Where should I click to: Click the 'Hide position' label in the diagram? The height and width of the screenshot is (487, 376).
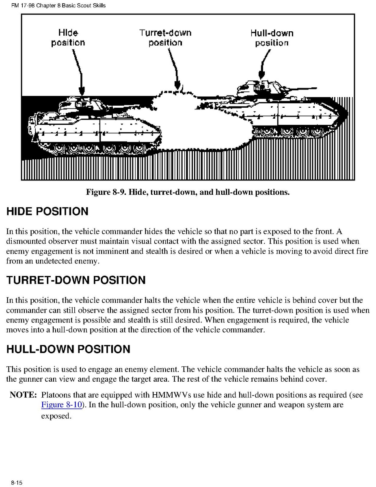coord(68,37)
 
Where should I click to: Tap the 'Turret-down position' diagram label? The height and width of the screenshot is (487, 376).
coord(165,37)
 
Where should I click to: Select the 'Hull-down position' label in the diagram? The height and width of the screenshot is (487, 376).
coord(272,38)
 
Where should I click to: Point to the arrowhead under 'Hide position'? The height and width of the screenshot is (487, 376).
coord(82,92)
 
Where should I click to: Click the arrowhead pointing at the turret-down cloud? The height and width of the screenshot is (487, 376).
coord(177,85)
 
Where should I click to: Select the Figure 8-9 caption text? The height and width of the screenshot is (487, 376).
coord(188,192)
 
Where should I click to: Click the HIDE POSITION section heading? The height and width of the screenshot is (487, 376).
coord(47,211)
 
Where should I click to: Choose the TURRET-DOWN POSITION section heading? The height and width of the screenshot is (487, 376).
coord(76,280)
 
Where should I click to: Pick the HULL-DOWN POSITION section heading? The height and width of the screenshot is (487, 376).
coord(68,349)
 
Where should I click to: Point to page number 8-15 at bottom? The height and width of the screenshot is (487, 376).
coord(17,483)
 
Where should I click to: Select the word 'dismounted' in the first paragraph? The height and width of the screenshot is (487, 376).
coord(26,241)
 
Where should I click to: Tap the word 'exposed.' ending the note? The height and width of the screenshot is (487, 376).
coord(56,416)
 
